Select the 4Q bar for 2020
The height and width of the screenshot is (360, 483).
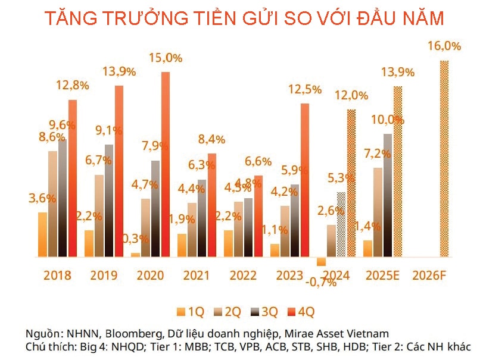tap(165, 164)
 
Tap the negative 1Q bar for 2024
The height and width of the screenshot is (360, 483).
tap(322, 261)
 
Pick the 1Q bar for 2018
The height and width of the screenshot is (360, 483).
tap(42, 234)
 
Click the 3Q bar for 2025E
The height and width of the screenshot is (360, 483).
tap(388, 195)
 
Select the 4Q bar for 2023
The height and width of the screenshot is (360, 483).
tap(304, 180)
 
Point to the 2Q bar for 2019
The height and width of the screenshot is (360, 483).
tap(99, 215)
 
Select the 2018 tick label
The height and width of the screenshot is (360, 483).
tap(57, 276)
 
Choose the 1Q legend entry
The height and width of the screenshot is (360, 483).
tap(191, 311)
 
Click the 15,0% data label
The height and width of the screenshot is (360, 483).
tap(166, 58)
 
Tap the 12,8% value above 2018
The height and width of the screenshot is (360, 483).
tap(73, 85)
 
